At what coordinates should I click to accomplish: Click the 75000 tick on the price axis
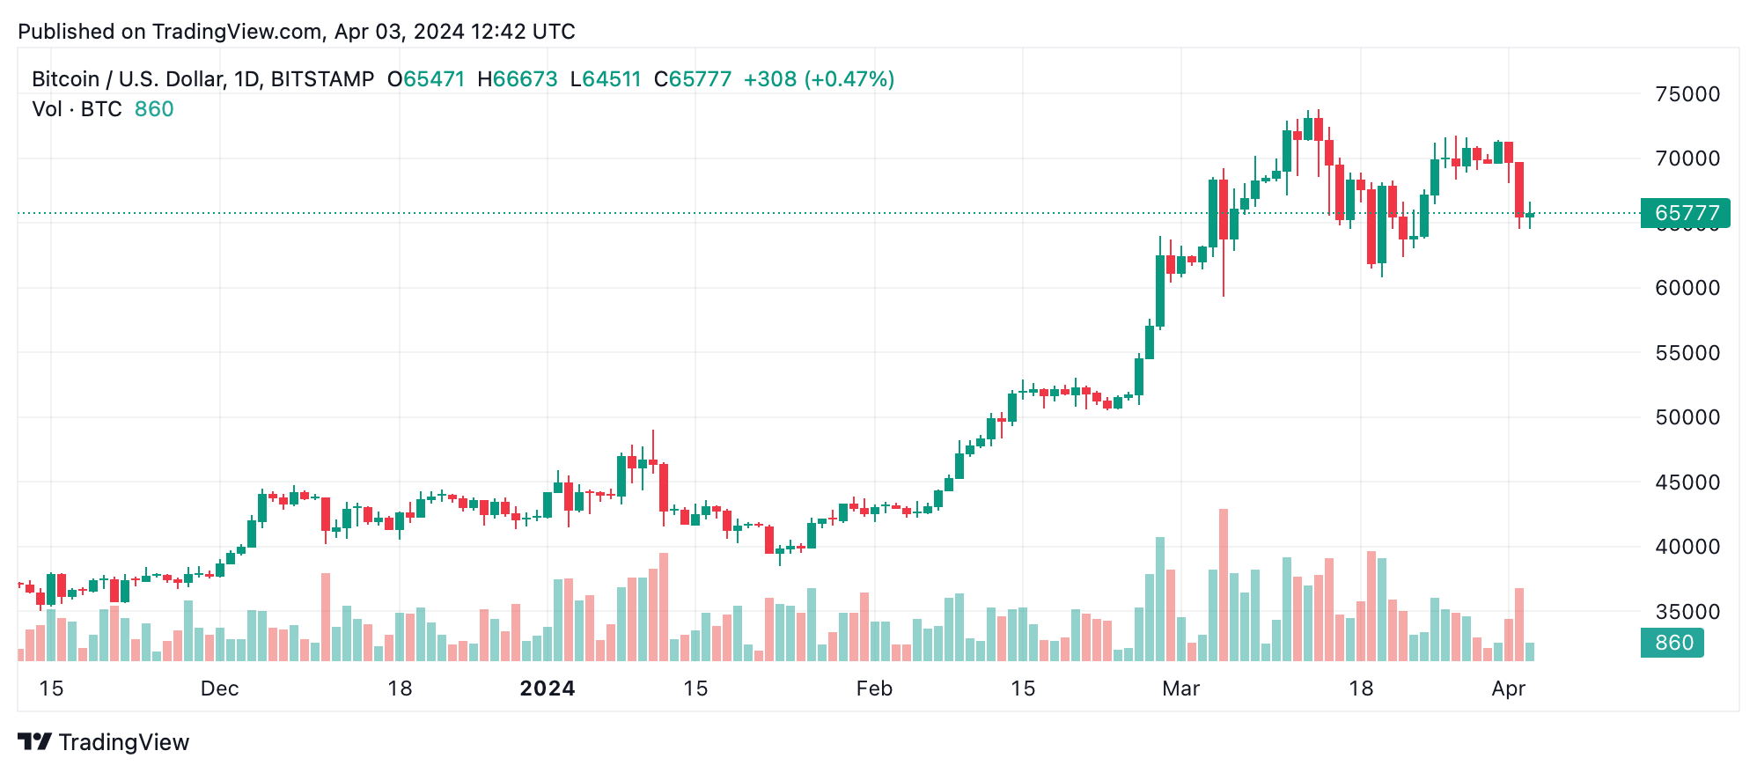1687,94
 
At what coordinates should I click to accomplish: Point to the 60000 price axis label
1687,288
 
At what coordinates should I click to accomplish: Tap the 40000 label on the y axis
1687,547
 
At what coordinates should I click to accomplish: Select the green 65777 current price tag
1685,213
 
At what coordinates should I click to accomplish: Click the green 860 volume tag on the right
1672,643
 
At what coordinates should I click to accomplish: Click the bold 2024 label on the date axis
548,688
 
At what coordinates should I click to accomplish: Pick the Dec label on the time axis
219,688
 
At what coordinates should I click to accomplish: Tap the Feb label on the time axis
874,688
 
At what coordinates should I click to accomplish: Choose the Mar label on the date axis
1180,688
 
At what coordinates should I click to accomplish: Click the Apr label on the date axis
1508,688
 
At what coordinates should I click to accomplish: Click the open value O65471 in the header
426,79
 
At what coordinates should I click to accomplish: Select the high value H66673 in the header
518,79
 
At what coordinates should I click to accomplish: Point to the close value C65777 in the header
693,79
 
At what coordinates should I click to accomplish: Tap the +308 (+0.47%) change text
819,79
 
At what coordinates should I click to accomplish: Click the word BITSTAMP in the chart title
322,79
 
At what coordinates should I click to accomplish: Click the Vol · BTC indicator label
77,109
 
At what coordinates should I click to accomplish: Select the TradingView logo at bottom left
103,742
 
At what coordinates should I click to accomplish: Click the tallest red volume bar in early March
1224,585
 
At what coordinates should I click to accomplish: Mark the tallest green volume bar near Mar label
1160,599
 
